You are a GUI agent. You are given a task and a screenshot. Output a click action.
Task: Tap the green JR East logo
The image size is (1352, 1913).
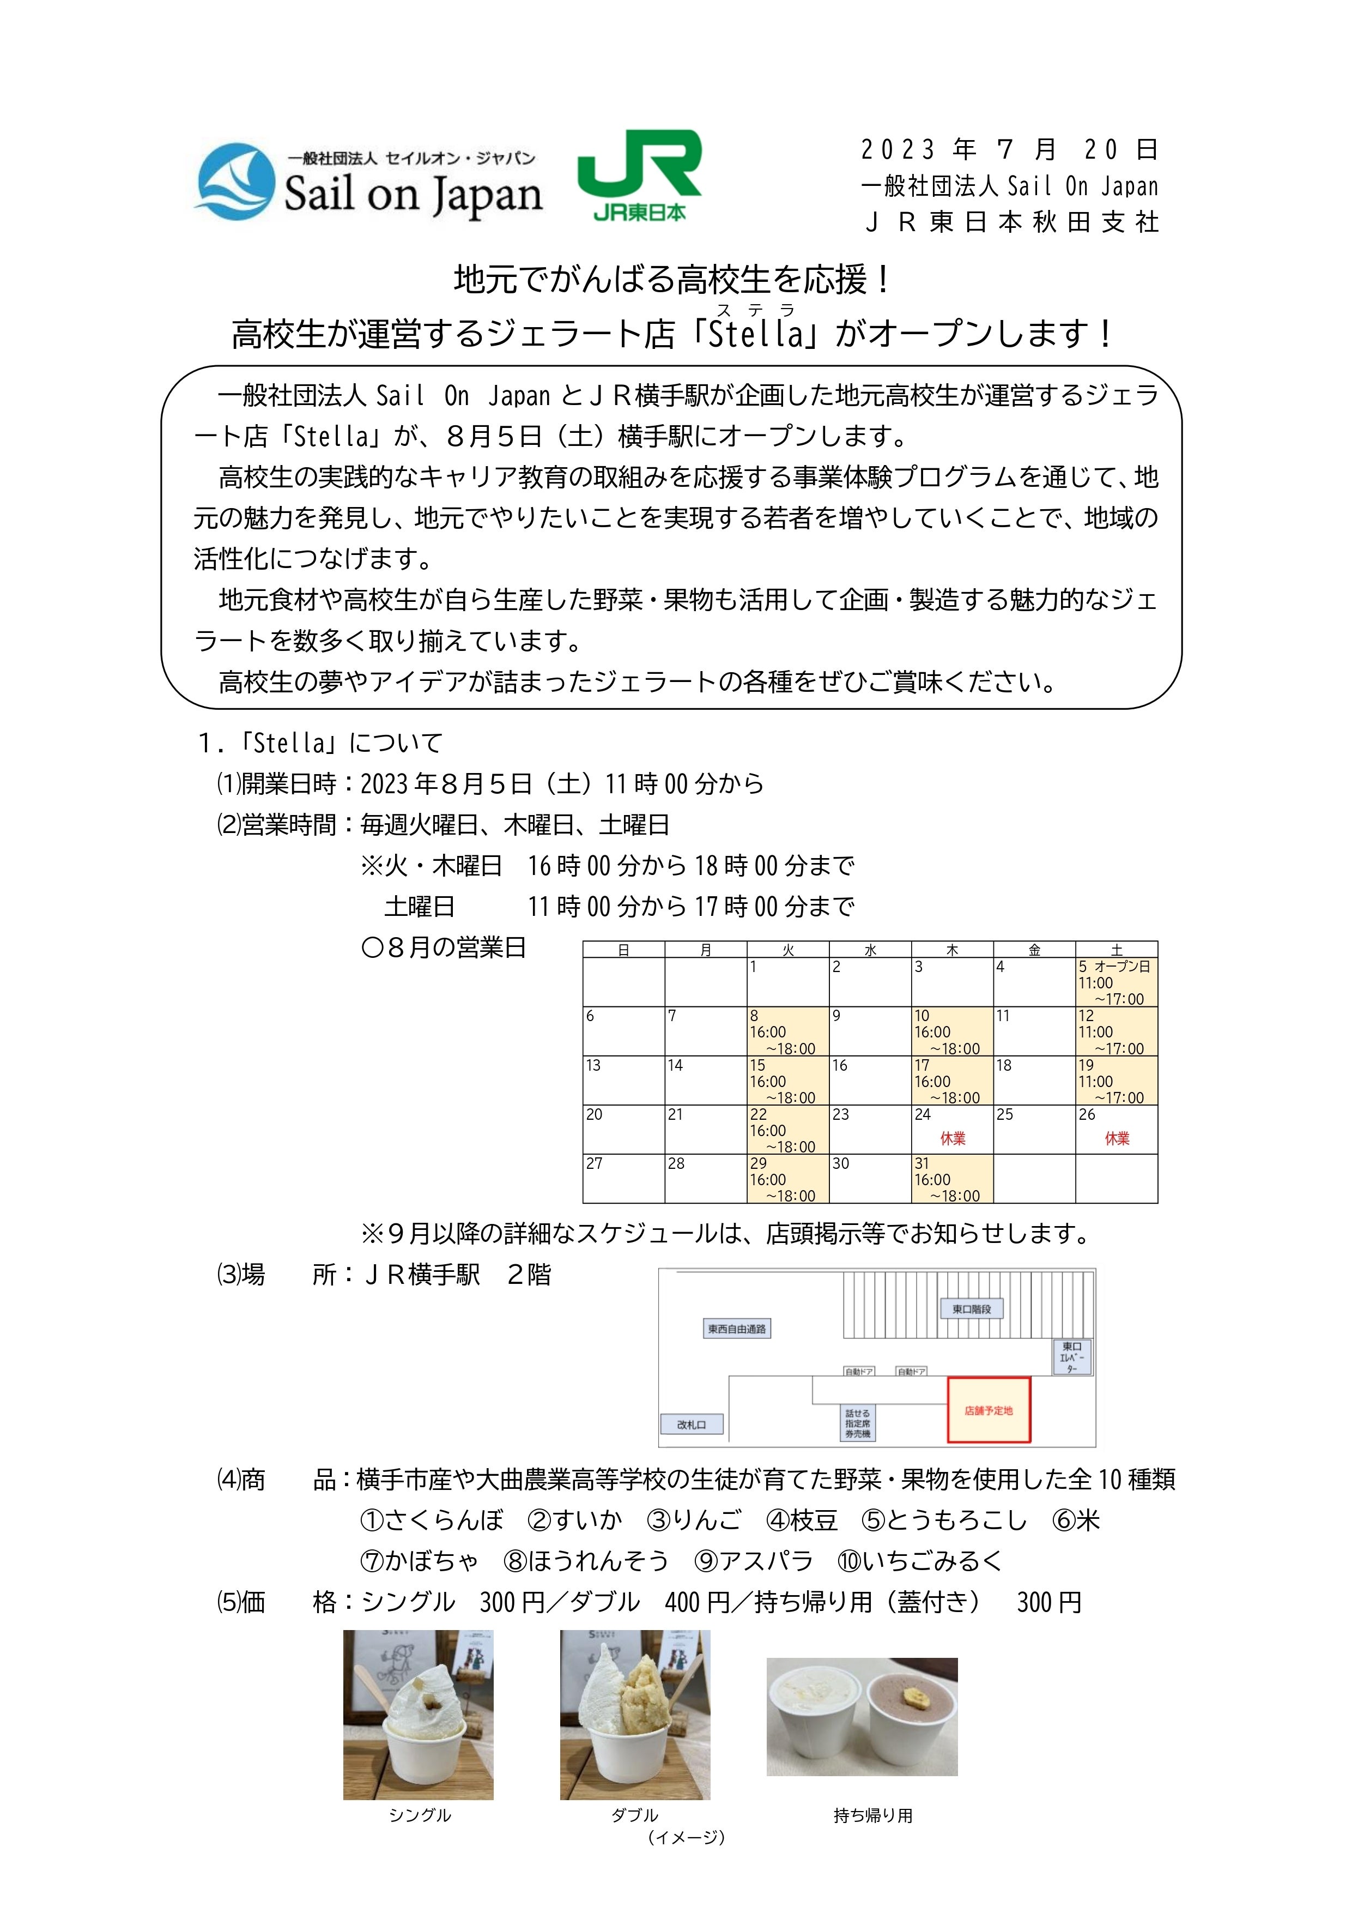640,175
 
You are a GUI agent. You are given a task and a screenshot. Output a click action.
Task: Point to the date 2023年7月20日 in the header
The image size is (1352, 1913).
1009,150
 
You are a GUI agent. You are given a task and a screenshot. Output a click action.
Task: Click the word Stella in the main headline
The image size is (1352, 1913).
755,334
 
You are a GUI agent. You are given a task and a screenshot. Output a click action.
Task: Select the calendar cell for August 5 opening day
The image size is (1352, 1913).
1115,982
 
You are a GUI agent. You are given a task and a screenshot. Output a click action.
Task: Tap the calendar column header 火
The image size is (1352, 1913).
787,950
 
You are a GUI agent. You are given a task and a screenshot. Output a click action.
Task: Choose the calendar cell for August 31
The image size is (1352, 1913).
951,1179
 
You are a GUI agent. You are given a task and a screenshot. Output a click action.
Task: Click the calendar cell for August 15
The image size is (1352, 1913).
787,1081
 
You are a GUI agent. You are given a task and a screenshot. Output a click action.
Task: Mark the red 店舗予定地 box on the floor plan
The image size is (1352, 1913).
989,1410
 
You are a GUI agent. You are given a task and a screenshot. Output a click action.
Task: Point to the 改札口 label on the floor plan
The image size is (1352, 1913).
692,1425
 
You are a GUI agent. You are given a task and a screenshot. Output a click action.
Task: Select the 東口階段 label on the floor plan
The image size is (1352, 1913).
971,1309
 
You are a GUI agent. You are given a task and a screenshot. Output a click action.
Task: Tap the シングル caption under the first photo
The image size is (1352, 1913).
419,1815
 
